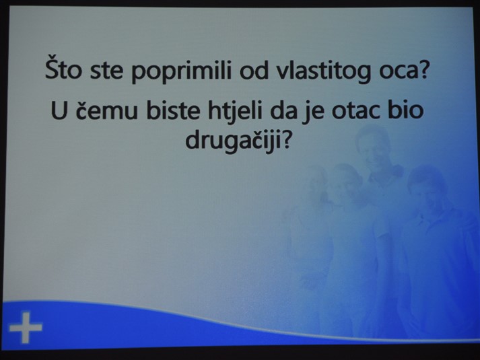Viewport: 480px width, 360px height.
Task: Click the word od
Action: click(254, 70)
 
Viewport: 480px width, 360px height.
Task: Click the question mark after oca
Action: click(422, 69)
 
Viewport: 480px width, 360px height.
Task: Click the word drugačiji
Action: click(233, 141)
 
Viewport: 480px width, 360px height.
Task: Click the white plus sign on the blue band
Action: click(26, 328)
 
